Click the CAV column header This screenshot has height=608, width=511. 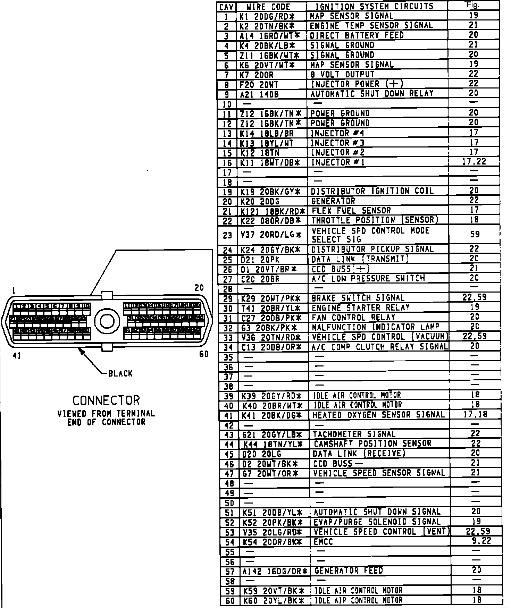(227, 7)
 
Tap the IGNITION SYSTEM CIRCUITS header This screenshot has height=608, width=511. (374, 7)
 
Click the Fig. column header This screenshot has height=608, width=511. (473, 5)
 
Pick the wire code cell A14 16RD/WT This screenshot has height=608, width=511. (269, 35)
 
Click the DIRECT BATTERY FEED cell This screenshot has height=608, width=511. (357, 35)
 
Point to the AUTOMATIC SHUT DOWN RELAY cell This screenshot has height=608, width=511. (372, 94)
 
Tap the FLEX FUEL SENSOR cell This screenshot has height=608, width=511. (351, 211)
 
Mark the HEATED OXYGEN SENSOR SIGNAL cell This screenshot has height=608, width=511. (378, 415)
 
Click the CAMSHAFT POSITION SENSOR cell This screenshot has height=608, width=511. (372, 444)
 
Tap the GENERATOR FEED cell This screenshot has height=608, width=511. (349, 571)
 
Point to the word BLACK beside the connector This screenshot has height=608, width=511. (120, 374)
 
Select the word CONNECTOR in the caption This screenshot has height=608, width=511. (106, 400)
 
